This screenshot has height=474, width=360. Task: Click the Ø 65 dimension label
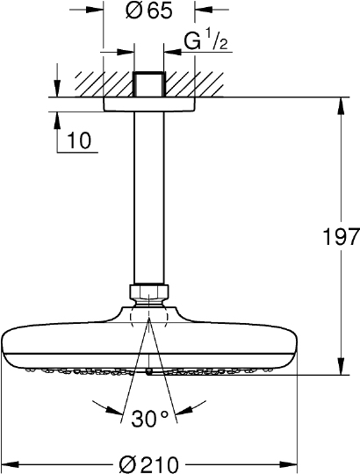[x=148, y=11]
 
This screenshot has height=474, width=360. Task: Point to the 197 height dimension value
[x=342, y=237]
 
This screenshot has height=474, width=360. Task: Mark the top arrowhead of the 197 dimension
[x=340, y=107]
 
